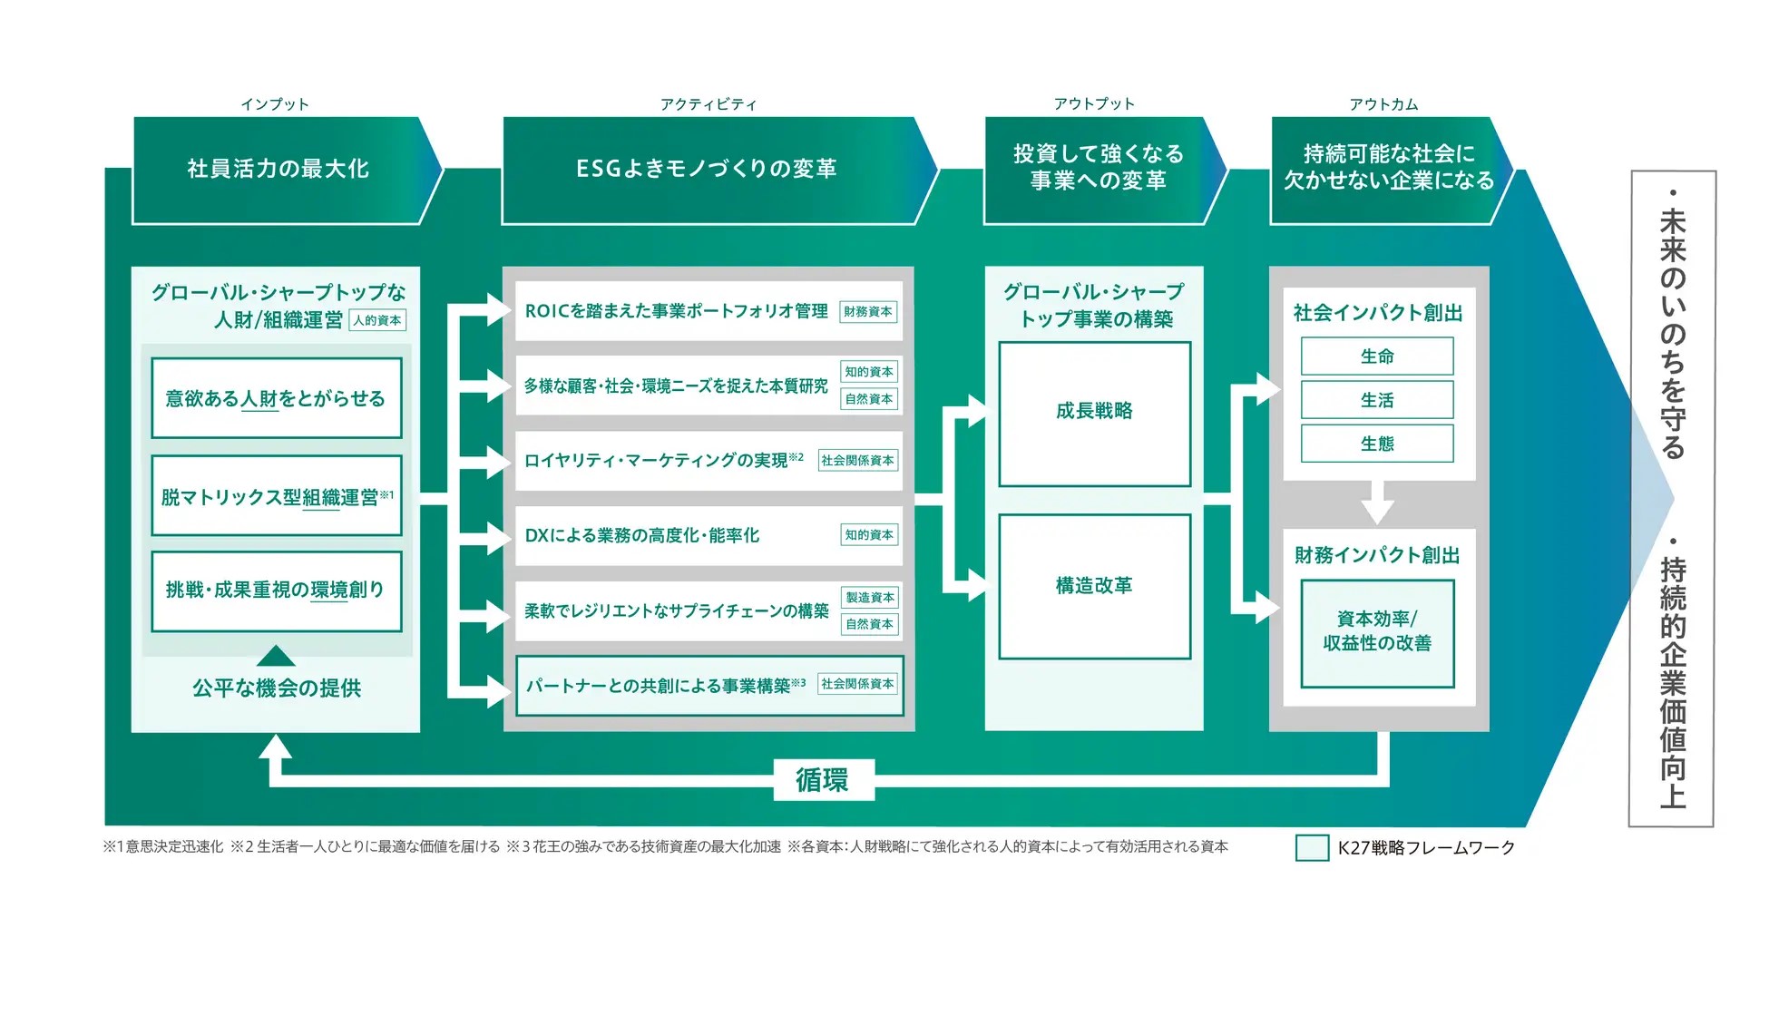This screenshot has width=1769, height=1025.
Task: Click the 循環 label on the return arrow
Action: [823, 780]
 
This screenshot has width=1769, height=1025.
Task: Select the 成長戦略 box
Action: [1094, 414]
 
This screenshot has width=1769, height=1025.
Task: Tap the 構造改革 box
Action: [1094, 587]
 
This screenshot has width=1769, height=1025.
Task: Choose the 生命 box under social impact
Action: [1376, 356]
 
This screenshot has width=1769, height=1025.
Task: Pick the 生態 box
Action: [1376, 444]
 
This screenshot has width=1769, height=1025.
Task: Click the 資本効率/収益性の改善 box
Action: [1376, 632]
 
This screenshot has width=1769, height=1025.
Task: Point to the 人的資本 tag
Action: [377, 320]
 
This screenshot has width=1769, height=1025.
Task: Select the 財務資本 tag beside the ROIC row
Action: [868, 312]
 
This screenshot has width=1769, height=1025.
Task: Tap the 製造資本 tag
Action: [870, 597]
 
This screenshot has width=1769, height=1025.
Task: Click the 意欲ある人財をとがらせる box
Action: [276, 398]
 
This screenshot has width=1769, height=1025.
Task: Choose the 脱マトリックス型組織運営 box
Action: [276, 496]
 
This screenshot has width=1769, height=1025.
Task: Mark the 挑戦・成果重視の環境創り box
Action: [276, 591]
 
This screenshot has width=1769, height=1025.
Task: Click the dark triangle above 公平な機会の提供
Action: [276, 656]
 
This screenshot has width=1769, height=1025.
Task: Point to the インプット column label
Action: [275, 104]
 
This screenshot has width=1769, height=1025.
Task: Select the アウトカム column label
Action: [1383, 104]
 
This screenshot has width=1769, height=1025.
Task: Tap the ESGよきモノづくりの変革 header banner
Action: [708, 170]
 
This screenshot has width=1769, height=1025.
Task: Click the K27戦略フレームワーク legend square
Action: [1312, 847]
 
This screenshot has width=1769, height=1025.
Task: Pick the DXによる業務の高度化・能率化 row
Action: [671, 536]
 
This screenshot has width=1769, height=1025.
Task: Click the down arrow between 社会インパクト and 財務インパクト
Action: [1377, 503]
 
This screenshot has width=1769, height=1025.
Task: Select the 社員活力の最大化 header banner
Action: [278, 170]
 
